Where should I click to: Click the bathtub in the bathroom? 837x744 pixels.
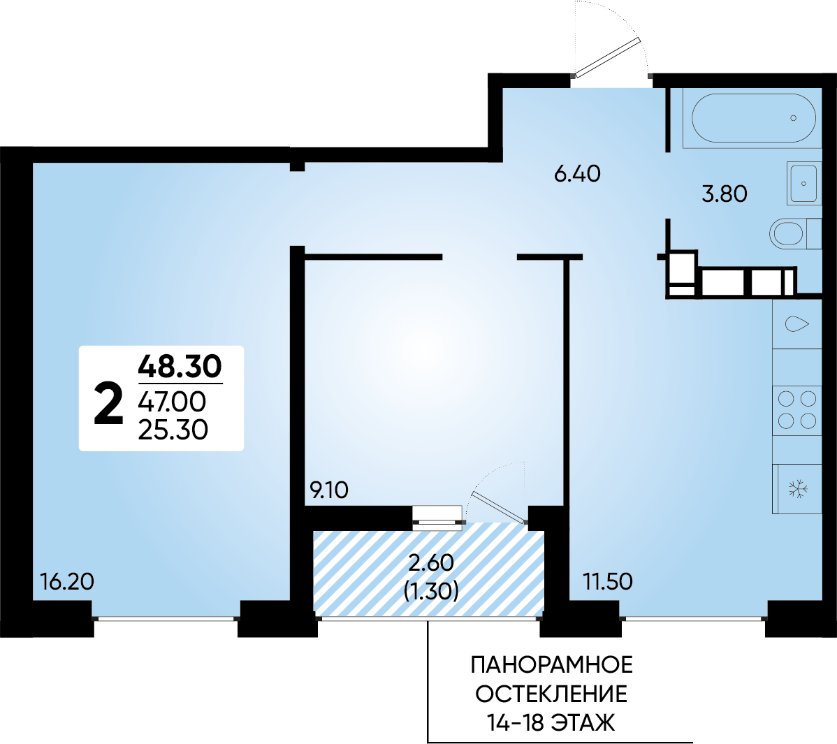[x=754, y=118]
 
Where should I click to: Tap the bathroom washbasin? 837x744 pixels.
[x=803, y=184]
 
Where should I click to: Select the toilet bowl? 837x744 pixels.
[x=795, y=234]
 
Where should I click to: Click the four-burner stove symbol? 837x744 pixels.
[x=797, y=410]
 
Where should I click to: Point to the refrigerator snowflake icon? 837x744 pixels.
[x=798, y=489]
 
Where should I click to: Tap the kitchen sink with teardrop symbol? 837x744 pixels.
[x=796, y=324]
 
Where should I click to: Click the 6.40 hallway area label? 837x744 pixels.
[x=577, y=174]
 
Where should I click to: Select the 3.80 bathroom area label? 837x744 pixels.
[x=725, y=194]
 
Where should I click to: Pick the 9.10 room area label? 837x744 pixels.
[x=329, y=490]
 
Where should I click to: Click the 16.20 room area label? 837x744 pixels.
[x=67, y=581]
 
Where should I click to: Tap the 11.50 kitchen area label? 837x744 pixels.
[x=607, y=581]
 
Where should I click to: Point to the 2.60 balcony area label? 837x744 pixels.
[x=431, y=562]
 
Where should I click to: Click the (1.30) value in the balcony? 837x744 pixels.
[x=431, y=591]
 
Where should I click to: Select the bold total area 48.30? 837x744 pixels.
[x=180, y=366]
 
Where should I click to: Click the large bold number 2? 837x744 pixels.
[x=108, y=404]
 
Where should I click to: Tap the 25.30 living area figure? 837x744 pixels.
[x=173, y=430]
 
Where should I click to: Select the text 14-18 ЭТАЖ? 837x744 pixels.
[x=551, y=723]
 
